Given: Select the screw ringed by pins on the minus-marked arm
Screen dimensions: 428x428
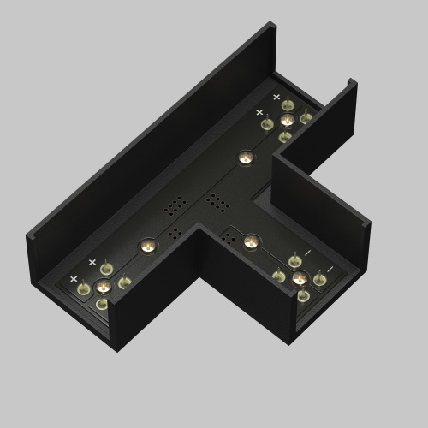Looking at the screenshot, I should (x=299, y=277).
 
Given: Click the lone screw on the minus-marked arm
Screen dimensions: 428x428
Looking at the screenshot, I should (x=250, y=241).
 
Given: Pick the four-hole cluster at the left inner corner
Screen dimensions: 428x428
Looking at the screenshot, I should (x=176, y=233).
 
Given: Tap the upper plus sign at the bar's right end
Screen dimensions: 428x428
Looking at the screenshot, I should (x=276, y=98).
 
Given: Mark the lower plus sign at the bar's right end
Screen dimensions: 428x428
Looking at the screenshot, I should (x=259, y=111).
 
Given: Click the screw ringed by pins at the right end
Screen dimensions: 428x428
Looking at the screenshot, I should (x=287, y=121).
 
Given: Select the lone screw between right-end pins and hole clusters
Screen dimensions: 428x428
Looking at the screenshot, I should (x=246, y=158).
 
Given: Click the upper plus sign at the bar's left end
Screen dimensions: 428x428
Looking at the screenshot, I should (x=92, y=262).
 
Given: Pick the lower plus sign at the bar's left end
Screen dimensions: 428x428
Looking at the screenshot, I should (x=74, y=279).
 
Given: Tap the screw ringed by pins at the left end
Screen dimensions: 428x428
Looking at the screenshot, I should (x=103, y=286).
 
